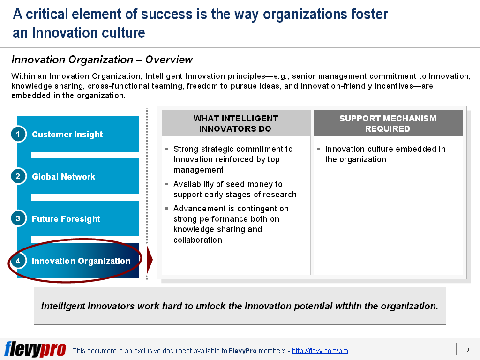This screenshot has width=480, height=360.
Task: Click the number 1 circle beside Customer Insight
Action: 18,135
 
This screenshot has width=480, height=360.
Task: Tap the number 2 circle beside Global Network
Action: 18,177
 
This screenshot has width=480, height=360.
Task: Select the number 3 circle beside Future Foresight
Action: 18,219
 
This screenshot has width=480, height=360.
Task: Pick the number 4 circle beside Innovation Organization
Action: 18,261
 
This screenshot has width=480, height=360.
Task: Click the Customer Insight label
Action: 67,135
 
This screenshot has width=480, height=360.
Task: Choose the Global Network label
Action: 63,177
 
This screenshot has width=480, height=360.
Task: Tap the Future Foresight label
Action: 66,219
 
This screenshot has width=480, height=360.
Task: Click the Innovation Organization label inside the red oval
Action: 81,261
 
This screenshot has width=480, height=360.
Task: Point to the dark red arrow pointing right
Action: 150,261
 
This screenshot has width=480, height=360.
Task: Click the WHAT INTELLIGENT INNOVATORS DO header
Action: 235,124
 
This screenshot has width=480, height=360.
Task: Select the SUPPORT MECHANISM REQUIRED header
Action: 388,124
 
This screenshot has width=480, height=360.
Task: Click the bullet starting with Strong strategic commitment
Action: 232,159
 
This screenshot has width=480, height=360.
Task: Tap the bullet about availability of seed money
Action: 234,189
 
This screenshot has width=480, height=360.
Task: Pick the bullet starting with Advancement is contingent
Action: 231,224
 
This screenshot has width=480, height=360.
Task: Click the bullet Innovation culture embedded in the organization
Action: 385,154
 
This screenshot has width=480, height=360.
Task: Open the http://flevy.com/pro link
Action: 320,351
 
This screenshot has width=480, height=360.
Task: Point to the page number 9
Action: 467,350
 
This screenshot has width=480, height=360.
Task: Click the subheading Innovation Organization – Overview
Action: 102,60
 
